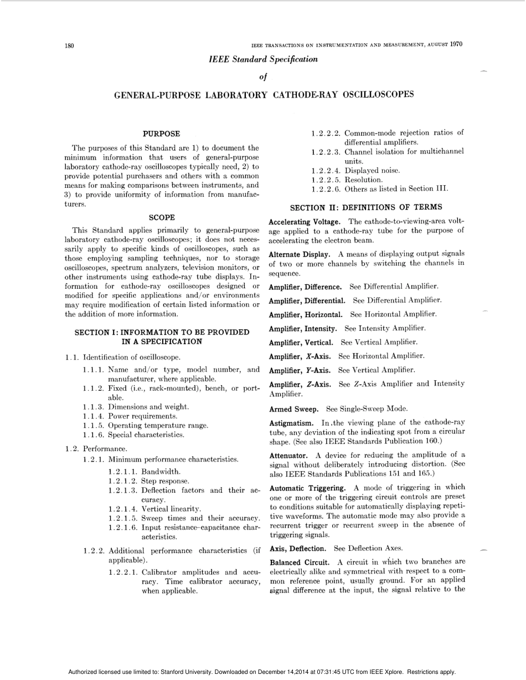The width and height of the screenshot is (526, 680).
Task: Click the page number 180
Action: [69, 45]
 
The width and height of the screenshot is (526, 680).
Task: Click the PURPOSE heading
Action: [161, 134]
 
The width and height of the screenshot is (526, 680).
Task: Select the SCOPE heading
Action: [162, 218]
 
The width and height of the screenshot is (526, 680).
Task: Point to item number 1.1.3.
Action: [94, 407]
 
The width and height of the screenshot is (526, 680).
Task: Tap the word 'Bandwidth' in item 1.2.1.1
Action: [161, 472]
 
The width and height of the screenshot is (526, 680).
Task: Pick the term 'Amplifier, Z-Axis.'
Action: [300, 384]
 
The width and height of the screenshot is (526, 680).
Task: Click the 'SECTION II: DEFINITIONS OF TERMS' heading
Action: [366, 207]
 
